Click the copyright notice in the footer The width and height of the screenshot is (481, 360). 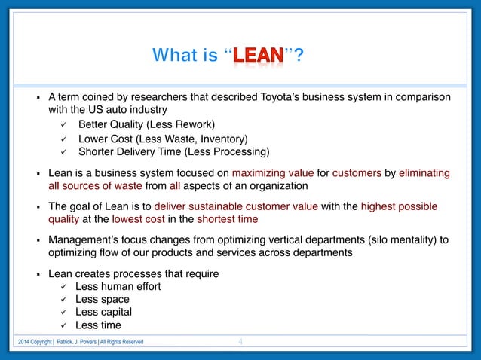click(x=81, y=343)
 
